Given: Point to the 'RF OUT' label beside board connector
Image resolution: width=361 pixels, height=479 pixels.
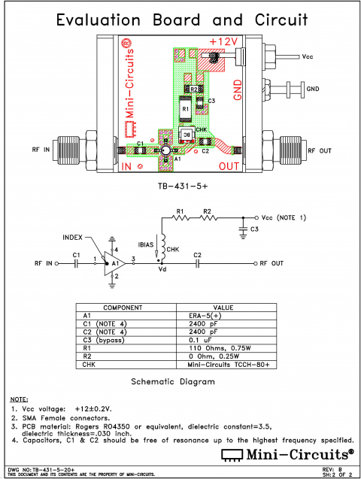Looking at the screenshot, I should [319, 150].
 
